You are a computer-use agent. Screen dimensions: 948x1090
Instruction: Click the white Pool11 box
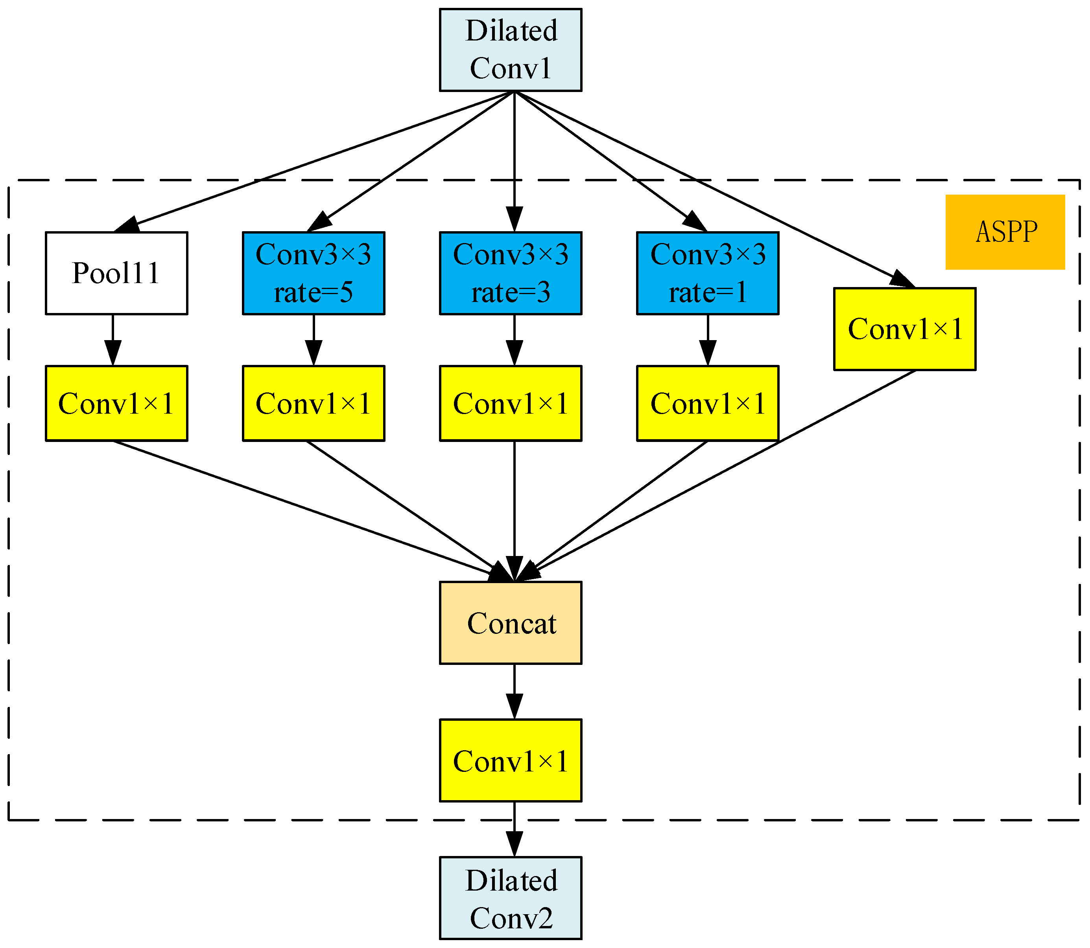click(x=116, y=273)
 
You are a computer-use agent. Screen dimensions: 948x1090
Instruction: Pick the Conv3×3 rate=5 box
click(x=313, y=273)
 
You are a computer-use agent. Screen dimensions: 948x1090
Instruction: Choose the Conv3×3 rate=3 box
click(x=510, y=273)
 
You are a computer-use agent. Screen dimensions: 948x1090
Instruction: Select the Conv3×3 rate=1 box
click(x=707, y=273)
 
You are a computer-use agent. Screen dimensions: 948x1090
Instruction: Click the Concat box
click(x=510, y=623)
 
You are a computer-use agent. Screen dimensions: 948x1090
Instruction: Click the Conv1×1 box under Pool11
click(x=116, y=403)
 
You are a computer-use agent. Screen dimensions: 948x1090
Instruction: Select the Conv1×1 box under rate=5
click(x=313, y=403)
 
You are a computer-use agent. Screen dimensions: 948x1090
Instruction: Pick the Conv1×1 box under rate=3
click(x=510, y=403)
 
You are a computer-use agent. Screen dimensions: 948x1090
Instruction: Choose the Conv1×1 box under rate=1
click(x=707, y=403)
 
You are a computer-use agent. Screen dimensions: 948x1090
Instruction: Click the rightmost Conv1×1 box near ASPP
click(x=904, y=329)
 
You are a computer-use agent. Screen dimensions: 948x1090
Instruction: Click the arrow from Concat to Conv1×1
click(x=514, y=691)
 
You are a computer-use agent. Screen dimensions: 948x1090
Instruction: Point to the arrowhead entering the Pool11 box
click(x=128, y=224)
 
